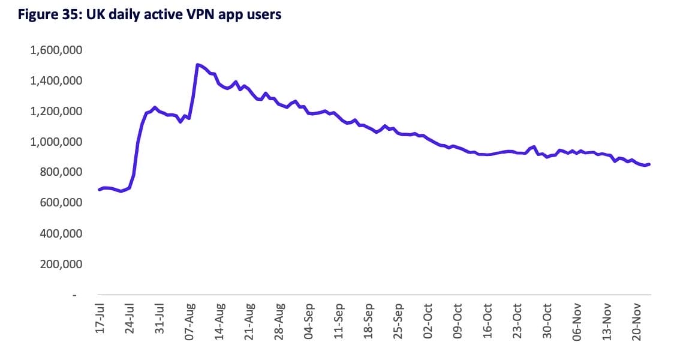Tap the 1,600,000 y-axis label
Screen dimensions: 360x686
point(57,50)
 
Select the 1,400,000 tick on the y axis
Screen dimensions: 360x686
point(57,80)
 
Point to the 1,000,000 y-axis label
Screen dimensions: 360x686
point(57,142)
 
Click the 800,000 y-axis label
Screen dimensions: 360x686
point(61,172)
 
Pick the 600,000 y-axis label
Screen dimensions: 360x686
point(61,203)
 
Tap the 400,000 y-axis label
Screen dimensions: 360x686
point(61,233)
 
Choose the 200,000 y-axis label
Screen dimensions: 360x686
point(61,264)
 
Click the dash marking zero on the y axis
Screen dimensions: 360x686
point(75,295)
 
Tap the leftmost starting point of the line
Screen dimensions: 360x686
point(100,190)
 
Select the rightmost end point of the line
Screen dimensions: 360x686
point(649,164)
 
